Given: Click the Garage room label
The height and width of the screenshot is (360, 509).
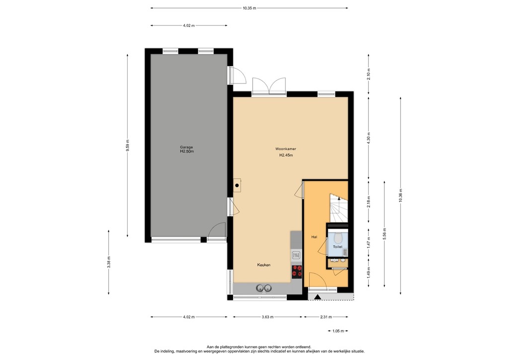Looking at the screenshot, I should (x=186, y=147).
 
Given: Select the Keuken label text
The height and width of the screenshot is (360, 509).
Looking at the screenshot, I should (x=263, y=265).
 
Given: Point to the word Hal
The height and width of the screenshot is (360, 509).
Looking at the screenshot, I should (x=314, y=237).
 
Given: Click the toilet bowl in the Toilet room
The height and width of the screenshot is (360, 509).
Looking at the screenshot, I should (x=338, y=237).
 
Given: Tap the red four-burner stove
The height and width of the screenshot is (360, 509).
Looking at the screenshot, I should (x=297, y=271).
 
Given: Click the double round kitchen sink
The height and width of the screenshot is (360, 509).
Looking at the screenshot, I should (x=263, y=287).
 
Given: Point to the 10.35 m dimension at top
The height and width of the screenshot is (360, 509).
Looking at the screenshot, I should (x=249, y=8).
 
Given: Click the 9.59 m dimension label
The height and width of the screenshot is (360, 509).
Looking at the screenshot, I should (x=128, y=146).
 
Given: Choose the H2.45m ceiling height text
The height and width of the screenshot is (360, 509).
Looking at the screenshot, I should (x=286, y=155).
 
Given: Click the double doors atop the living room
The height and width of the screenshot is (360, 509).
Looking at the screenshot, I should (x=268, y=86).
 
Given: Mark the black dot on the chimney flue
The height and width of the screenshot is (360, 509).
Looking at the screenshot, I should (x=238, y=186).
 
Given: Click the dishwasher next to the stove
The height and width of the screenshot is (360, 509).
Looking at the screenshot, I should (x=296, y=255).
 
